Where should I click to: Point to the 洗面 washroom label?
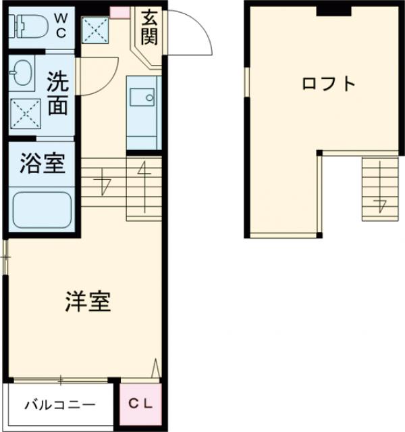click(57, 95)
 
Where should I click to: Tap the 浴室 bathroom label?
click(42, 164)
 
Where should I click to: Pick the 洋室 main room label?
click(88, 302)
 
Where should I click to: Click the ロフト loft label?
click(328, 84)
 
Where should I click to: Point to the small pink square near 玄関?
click(119, 11)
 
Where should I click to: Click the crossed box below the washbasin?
click(25, 114)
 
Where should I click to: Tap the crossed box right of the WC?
click(94, 30)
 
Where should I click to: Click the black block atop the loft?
click(333, 9)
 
